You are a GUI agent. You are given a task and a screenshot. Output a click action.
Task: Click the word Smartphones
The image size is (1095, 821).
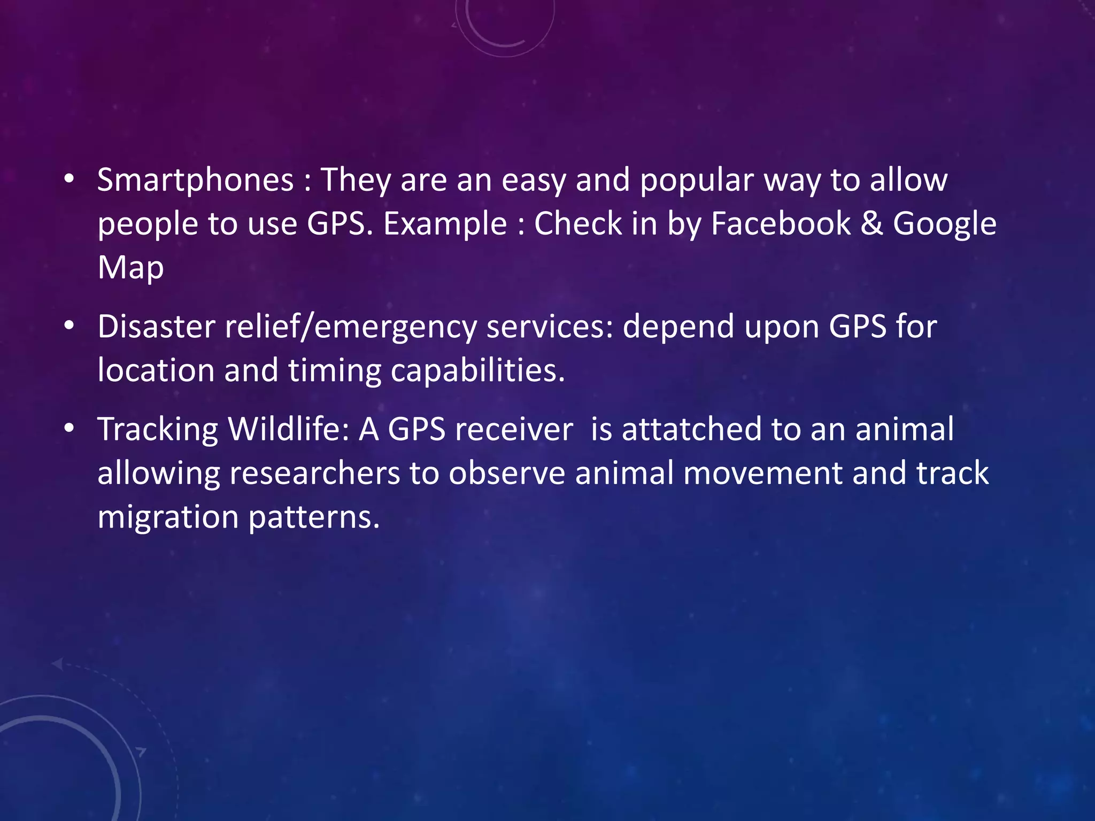tap(195, 180)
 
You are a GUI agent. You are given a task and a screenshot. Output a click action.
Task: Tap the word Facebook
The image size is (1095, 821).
tap(780, 223)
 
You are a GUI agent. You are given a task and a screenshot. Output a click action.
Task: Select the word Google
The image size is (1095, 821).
tap(944, 223)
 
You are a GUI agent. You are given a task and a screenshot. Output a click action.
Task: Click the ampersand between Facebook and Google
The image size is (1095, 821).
tap(872, 223)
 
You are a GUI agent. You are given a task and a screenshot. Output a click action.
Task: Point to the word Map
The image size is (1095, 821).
tap(130, 267)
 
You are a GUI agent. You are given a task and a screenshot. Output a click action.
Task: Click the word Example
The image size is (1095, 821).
tap(445, 223)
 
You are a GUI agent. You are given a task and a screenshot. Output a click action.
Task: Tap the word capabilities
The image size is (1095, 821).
tap(477, 370)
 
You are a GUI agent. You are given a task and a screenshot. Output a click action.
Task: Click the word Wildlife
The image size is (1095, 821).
tap(289, 429)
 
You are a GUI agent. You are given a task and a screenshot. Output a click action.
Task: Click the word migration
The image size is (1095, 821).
tap(168, 517)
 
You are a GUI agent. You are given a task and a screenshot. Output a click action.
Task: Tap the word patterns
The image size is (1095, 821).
tap(314, 517)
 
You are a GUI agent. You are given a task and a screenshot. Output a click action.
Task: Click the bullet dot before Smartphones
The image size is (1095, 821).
tap(68, 180)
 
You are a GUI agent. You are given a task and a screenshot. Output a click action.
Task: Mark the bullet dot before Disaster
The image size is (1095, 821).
tap(68, 327)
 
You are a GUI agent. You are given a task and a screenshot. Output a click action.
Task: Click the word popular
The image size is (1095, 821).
tap(697, 180)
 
